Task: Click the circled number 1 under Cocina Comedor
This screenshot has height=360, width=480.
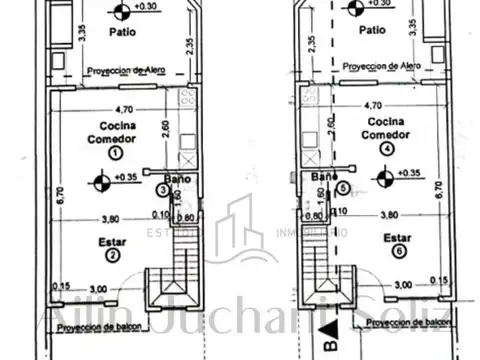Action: pos(116,154)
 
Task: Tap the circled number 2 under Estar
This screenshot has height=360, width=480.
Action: pos(115,255)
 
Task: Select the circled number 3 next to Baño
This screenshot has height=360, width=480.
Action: pos(163,189)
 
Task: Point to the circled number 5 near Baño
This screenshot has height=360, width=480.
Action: pos(343,187)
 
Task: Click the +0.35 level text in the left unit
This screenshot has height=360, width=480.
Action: pos(127,178)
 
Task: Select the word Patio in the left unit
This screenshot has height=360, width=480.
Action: pos(125,31)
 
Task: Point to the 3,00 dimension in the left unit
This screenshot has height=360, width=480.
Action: pos(98,290)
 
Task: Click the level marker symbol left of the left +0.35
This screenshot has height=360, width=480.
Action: pos(100,181)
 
